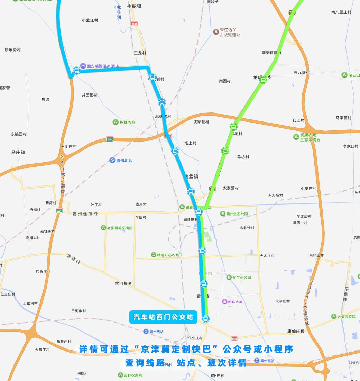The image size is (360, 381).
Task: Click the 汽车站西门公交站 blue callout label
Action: click(x=163, y=317)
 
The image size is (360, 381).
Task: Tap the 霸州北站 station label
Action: click(x=121, y=160)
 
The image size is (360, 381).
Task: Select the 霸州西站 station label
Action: click(x=154, y=332)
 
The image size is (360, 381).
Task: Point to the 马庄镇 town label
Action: click(x=18, y=152)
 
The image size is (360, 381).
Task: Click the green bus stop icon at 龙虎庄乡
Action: click(x=263, y=80)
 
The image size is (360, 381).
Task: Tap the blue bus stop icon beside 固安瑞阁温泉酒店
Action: click(x=77, y=71)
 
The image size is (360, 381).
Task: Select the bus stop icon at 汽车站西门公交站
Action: click(x=205, y=319)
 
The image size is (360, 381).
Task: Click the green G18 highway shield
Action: click(x=110, y=139)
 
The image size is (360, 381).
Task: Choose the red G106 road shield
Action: click(x=134, y=24)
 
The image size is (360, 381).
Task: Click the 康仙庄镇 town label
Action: click(x=296, y=331)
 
